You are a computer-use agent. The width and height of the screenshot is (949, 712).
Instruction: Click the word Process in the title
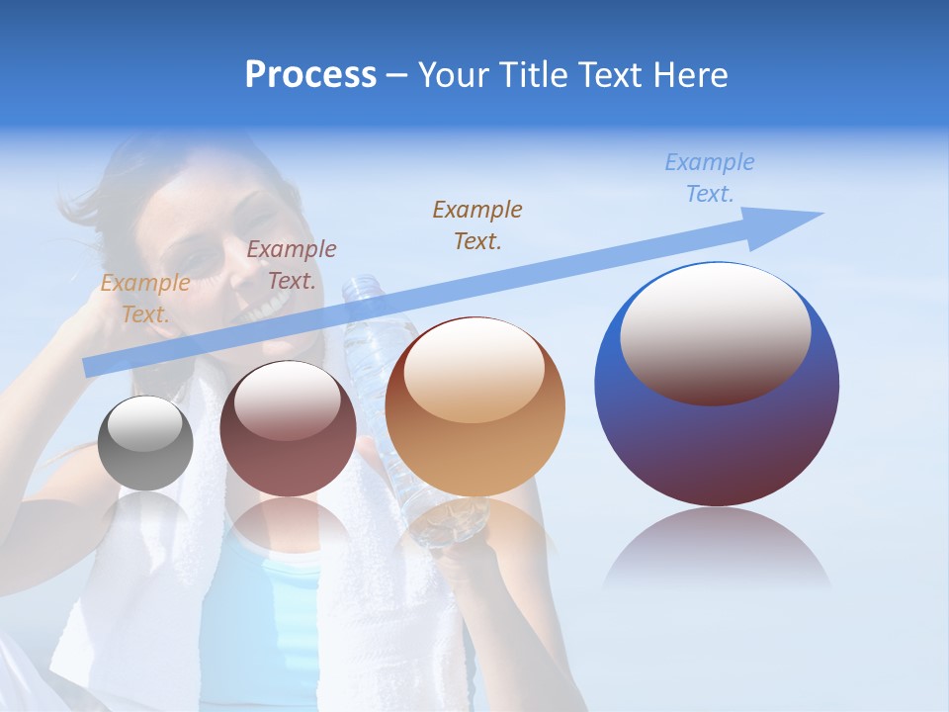[310, 75]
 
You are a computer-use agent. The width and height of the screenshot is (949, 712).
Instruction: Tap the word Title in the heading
[534, 75]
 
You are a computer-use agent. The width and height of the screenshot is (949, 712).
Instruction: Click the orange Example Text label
[144, 299]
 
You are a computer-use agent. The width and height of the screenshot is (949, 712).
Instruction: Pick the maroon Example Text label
[292, 265]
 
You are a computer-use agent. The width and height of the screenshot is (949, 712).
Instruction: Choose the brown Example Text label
[477, 224]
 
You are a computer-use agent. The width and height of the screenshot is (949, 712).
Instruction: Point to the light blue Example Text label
[710, 178]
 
